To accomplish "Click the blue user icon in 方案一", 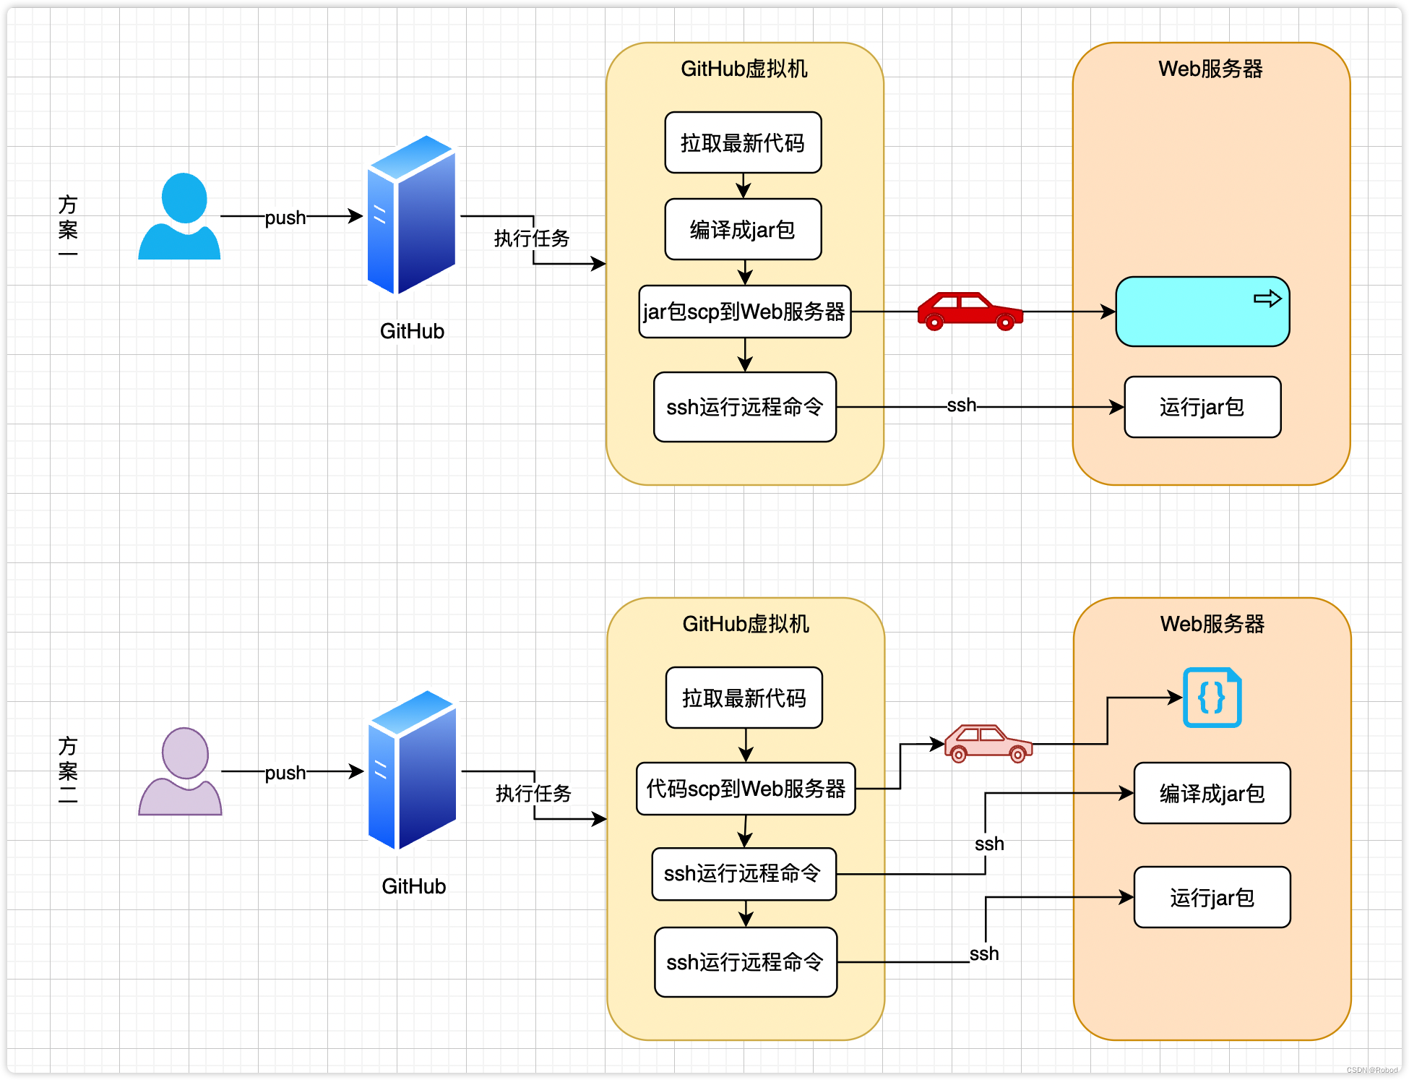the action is (x=179, y=216).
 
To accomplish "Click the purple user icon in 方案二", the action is (x=180, y=771).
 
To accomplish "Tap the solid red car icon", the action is (x=970, y=311).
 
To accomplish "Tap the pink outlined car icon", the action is (x=988, y=743).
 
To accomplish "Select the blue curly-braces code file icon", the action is (x=1212, y=698).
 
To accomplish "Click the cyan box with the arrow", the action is (x=1202, y=312).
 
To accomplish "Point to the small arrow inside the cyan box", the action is (x=1267, y=299).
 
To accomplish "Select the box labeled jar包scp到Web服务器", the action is (x=745, y=312).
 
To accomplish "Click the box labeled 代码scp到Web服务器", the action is (x=746, y=789).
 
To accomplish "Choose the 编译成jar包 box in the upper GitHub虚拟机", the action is (x=743, y=229).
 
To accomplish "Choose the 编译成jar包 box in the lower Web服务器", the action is (x=1212, y=793).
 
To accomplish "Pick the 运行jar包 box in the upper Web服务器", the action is (x=1202, y=407).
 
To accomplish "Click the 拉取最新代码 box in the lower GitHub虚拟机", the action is (x=744, y=698).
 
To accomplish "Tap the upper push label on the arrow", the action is (x=285, y=217).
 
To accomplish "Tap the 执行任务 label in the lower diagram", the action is (x=533, y=793).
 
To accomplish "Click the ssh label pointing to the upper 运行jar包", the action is (x=962, y=406).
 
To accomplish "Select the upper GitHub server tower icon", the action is (x=412, y=215).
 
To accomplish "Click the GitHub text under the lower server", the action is (x=414, y=886).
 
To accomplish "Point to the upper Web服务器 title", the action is (x=1211, y=69).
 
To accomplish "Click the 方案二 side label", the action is (x=68, y=770).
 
